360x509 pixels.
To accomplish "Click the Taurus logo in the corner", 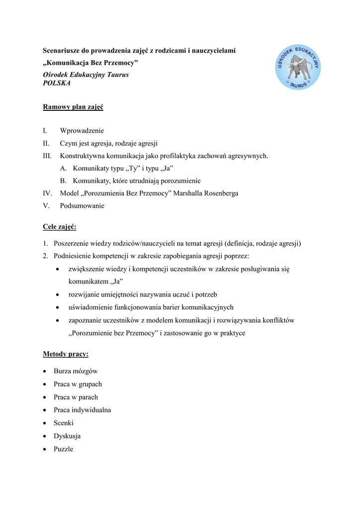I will (297, 67).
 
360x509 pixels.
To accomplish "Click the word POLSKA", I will (57, 84).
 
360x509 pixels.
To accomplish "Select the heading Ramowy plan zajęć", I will (73, 107).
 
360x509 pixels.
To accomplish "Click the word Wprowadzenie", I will (82, 131).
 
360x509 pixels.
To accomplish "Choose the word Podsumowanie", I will (82, 206).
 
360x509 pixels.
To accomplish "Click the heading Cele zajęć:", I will (60, 227).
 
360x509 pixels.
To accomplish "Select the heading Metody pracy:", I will (66, 354).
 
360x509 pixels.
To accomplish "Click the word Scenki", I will (64, 423).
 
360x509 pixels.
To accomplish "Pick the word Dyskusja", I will (67, 436).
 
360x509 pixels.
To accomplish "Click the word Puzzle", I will (64, 449).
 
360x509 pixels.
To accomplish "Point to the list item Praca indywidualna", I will (83, 410).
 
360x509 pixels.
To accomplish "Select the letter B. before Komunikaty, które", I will (63, 181).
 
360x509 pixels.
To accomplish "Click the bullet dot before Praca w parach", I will (45, 398).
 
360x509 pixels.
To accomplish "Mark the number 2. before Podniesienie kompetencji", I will (45, 256).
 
